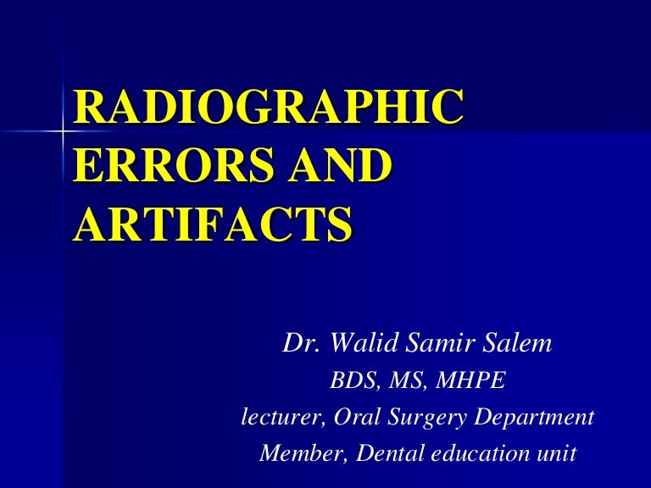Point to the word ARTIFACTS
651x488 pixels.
(212, 223)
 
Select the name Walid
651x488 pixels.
(356, 346)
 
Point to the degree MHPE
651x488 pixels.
(470, 383)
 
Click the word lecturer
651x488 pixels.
(271, 418)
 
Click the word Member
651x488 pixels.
(297, 453)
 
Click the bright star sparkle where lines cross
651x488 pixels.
(64, 132)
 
